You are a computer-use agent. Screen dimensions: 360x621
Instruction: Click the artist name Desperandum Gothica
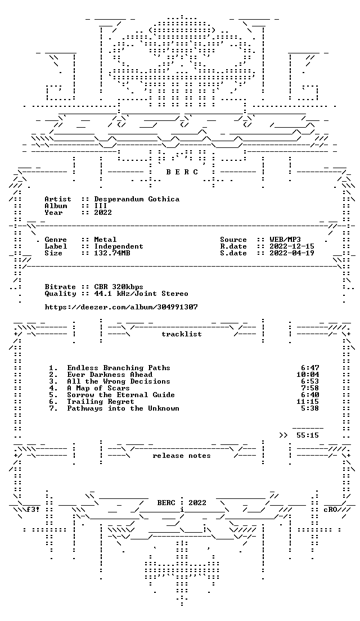click(137, 199)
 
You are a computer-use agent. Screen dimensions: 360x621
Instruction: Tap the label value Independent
click(119, 246)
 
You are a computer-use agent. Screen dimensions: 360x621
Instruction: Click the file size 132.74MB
click(112, 253)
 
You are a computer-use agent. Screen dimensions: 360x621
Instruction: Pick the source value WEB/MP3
click(285, 240)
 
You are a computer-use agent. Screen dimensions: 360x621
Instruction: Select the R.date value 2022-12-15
click(292, 246)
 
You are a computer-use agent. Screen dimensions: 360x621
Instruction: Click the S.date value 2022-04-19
click(292, 253)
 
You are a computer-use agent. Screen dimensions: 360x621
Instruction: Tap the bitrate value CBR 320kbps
click(119, 287)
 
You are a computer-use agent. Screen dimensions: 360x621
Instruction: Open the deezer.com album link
click(121, 307)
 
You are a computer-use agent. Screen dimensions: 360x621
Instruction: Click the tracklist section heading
click(181, 334)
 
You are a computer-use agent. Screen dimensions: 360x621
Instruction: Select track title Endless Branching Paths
click(119, 368)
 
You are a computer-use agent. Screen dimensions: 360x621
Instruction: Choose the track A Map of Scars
click(98, 388)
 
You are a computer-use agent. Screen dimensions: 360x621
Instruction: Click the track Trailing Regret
click(101, 402)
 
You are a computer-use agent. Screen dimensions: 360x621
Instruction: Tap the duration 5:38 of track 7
click(310, 408)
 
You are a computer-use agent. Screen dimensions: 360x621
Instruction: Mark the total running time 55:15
click(308, 435)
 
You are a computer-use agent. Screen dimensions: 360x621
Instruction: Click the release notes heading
click(181, 456)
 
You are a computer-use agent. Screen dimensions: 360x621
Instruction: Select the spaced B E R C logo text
click(182, 172)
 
